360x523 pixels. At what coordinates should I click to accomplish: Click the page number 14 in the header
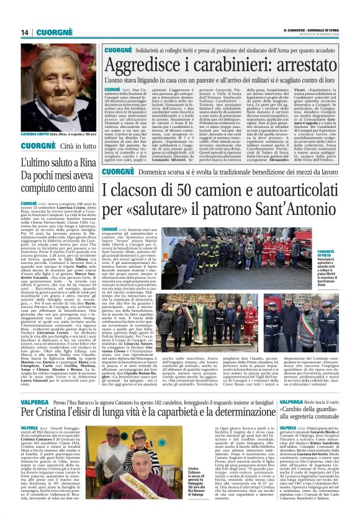(24, 32)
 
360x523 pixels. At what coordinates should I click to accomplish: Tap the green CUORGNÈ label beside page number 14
(56, 32)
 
